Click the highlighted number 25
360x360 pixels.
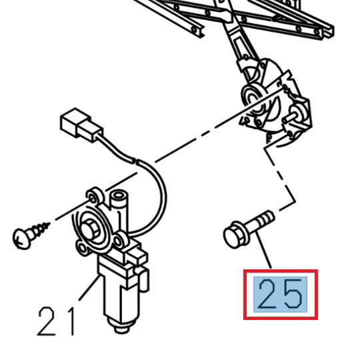pyautogui.click(x=280, y=295)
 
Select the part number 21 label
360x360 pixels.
pyautogui.click(x=56, y=321)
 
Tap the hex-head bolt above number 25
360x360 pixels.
pyautogui.click(x=249, y=229)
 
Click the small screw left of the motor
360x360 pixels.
pyautogui.click(x=31, y=235)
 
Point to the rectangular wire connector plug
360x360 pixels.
pyautogui.click(x=81, y=125)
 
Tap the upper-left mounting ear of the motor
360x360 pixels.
pyautogui.click(x=94, y=195)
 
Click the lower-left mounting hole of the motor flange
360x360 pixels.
pyautogui.click(x=82, y=247)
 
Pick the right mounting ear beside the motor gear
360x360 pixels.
pyautogui.click(x=121, y=241)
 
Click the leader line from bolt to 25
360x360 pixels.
pyautogui.click(x=264, y=249)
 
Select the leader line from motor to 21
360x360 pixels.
pyautogui.click(x=89, y=287)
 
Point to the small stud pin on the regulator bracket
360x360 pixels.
pyautogui.click(x=290, y=117)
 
